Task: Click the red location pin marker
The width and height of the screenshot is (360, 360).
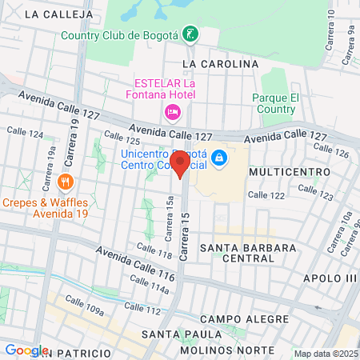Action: point(180,162)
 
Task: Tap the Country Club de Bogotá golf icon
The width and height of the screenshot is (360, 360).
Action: point(190,34)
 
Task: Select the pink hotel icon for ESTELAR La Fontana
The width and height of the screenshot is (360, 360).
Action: point(171,111)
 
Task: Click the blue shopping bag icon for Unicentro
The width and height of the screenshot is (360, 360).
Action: point(219,159)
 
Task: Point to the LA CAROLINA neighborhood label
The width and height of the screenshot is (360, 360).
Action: point(221,64)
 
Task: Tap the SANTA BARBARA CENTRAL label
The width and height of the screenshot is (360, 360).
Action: point(249,253)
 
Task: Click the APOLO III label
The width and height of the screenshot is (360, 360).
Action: point(330,278)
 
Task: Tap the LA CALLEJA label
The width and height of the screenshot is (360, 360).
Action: point(54,14)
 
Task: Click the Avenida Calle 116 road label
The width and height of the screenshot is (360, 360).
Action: point(136,262)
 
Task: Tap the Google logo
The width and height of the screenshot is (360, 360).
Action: point(26,350)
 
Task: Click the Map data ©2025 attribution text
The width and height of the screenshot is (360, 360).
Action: point(326,354)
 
